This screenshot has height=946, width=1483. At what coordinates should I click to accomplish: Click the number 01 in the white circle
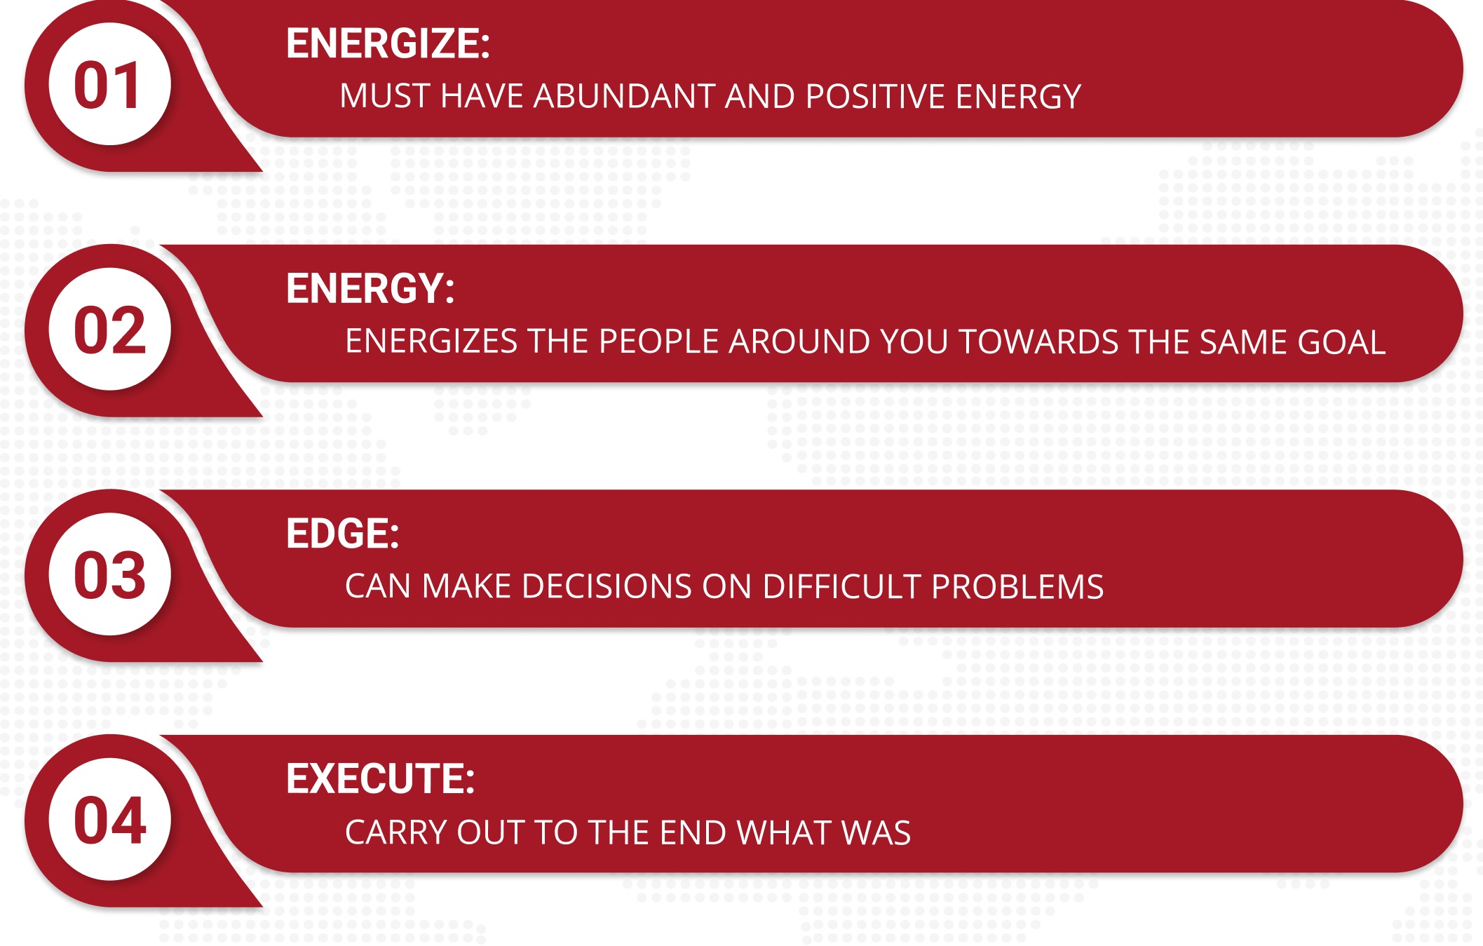point(109,85)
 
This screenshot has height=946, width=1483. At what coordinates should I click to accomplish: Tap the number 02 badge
point(109,330)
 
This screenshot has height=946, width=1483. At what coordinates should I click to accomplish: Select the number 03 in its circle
point(109,574)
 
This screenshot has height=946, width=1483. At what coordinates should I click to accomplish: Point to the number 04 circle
point(109,820)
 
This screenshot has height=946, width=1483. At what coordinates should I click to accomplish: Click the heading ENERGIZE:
point(388,43)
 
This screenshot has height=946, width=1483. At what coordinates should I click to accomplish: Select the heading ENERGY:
point(370,289)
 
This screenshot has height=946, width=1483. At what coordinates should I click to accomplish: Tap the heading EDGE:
point(342,534)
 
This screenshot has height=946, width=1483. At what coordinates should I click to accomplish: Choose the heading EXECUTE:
point(380,779)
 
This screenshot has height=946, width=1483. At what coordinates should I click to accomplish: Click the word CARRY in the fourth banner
point(396,833)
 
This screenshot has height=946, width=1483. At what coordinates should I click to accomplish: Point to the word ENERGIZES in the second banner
point(431,342)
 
